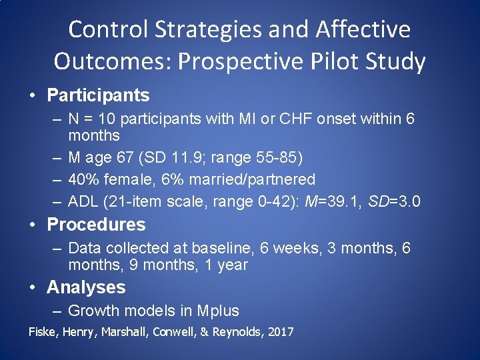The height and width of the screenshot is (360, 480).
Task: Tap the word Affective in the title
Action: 363,30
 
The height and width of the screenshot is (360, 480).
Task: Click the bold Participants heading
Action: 98,95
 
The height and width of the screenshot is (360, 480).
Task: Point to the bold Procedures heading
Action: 96,225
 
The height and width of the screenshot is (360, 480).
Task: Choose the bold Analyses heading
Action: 86,287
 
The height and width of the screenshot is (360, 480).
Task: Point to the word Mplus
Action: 218,311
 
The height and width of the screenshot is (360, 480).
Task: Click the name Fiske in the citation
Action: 41,332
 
